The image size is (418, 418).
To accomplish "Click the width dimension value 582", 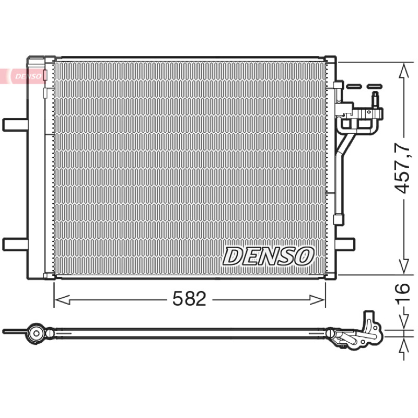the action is (x=189, y=298).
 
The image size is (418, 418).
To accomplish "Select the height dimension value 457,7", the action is (x=402, y=168).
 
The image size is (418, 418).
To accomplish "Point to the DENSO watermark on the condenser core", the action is (x=268, y=256).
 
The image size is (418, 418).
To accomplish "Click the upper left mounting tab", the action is (x=15, y=125).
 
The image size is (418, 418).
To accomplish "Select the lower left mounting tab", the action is (x=15, y=244).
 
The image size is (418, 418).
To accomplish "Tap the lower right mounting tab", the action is (x=345, y=244).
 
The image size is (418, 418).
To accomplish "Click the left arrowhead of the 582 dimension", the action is (x=62, y=300).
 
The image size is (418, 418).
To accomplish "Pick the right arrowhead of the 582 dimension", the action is (x=317, y=300).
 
